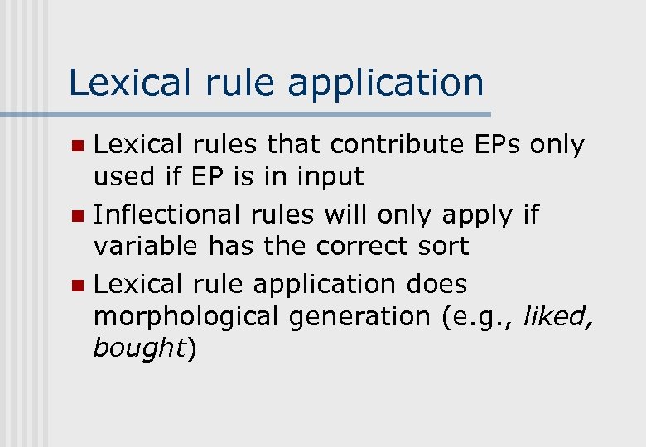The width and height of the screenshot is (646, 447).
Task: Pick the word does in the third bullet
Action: [436, 284]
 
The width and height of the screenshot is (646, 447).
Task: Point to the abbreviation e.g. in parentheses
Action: [478, 316]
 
